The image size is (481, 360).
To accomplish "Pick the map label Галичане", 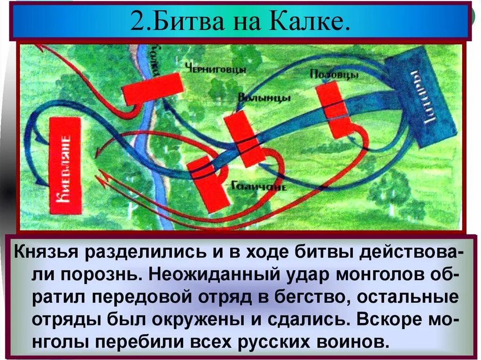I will (259, 186).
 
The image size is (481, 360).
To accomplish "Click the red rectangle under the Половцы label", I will (335, 110).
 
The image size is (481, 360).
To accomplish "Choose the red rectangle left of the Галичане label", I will (209, 184).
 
